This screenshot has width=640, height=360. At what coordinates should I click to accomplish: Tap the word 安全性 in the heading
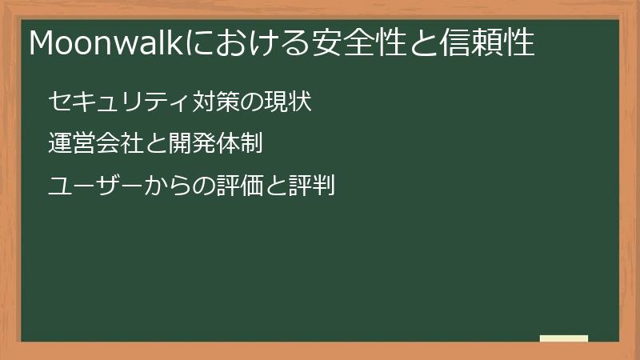354,42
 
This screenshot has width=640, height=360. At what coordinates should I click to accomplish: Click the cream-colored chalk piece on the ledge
564,338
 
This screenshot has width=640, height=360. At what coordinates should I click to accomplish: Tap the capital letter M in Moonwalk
42,42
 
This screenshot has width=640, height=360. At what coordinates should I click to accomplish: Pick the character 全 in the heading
354,42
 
